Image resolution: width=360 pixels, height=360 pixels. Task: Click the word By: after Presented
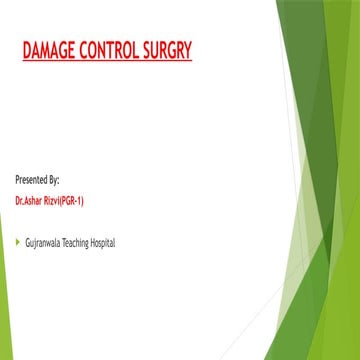pyautogui.click(x=54, y=180)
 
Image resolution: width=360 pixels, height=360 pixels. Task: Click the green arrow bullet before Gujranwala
pyautogui.click(x=17, y=241)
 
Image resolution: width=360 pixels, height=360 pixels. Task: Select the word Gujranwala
pyautogui.click(x=46, y=242)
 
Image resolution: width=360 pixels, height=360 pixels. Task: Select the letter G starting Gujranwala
pyautogui.click(x=28, y=242)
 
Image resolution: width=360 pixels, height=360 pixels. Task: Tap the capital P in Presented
pyautogui.click(x=17, y=180)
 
